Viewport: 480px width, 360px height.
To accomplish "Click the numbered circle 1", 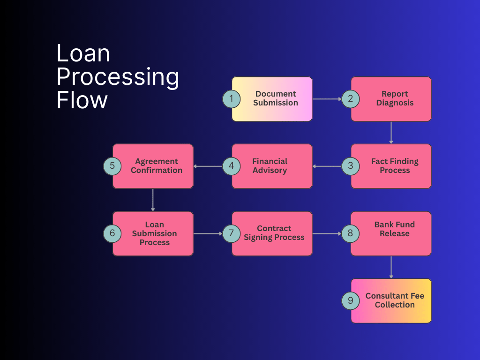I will click(231, 99).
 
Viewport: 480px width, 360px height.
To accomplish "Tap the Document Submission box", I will click(276, 99).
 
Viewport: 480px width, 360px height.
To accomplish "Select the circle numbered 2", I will click(350, 99).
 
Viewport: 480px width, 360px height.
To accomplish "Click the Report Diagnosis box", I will click(395, 99).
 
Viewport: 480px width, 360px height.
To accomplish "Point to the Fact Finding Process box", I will click(395, 166).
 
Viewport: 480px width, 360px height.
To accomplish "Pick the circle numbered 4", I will click(231, 166).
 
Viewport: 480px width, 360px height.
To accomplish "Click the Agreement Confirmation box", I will click(156, 166).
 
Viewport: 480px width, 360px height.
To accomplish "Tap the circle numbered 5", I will click(112, 166).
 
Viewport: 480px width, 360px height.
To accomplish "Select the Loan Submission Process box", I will click(155, 233).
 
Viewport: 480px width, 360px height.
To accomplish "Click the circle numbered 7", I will click(231, 233).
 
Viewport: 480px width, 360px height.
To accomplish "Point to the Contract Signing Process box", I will click(274, 233).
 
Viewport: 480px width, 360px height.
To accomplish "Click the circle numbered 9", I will click(350, 300).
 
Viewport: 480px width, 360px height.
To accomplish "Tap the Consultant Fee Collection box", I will click(395, 300).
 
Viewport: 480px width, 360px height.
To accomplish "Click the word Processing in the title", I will click(118, 76).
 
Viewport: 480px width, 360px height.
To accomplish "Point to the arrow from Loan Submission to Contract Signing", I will click(208, 233).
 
